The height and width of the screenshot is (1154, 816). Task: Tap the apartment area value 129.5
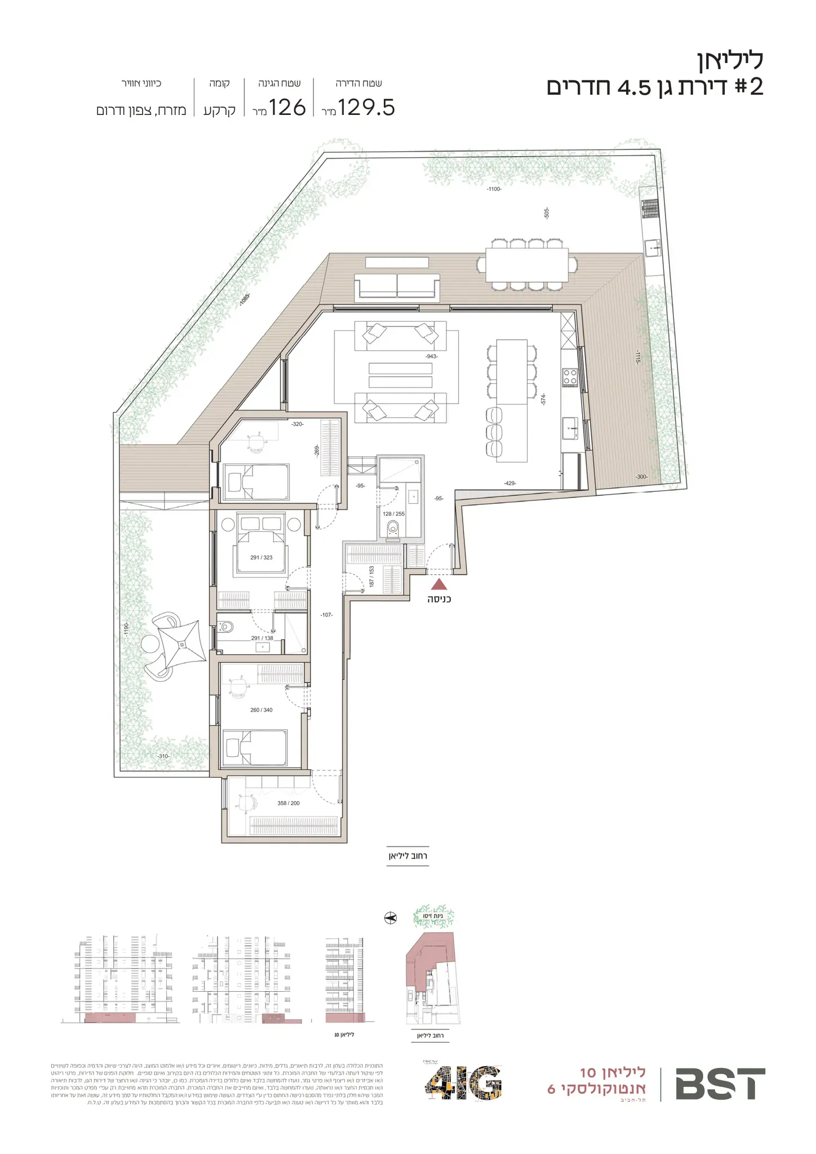click(367, 107)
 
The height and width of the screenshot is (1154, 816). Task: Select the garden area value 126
click(287, 107)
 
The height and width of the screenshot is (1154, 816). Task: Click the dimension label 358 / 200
click(289, 803)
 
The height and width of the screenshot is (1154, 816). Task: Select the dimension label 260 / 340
click(261, 710)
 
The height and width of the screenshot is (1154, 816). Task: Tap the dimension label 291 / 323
click(261, 558)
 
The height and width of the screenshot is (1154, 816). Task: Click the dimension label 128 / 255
click(393, 514)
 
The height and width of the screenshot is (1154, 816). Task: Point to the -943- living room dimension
click(432, 357)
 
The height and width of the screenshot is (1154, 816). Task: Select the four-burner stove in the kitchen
click(570, 376)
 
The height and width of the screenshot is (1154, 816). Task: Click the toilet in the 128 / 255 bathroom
click(393, 528)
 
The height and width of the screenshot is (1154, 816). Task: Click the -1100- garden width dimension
click(494, 189)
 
